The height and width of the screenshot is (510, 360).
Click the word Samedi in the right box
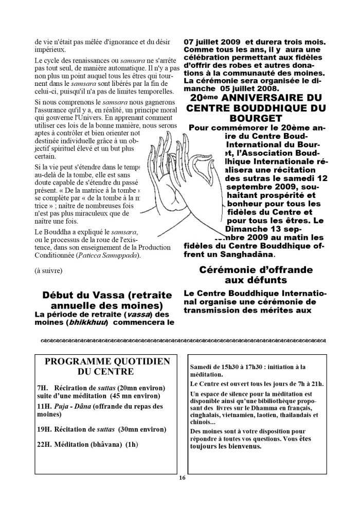(201, 367)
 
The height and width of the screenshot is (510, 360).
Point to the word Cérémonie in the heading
(228, 269)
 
